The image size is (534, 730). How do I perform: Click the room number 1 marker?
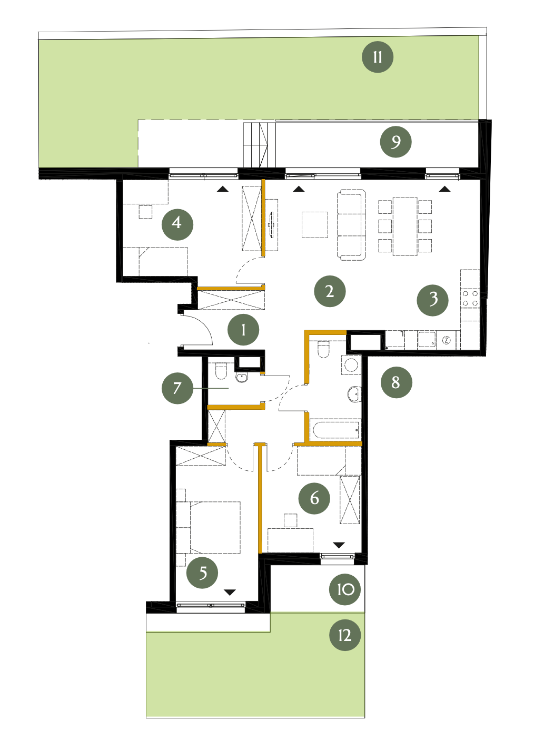coord(243,330)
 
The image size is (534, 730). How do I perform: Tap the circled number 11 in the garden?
coord(377,57)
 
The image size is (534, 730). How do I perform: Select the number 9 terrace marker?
coord(395,142)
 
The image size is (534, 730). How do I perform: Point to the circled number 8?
coord(396,382)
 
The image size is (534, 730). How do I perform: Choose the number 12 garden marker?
coord(345,635)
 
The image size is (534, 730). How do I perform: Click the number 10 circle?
coord(345,589)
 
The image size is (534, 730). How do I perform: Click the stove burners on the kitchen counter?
coord(470,298)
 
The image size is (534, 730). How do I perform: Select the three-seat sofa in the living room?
coord(351,225)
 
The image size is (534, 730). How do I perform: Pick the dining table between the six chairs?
coord(405,226)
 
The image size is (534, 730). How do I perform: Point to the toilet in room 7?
coord(221,372)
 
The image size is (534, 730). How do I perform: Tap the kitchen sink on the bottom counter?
coord(427,340)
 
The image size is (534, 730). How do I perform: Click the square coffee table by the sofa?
coord(315,225)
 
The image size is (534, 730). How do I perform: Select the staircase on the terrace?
coord(255,145)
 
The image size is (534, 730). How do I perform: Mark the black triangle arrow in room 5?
coord(230,592)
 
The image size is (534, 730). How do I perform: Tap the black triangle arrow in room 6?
coord(339,545)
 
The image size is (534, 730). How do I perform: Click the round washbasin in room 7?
coord(241,378)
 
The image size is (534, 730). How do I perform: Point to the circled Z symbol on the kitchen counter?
coord(446,340)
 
